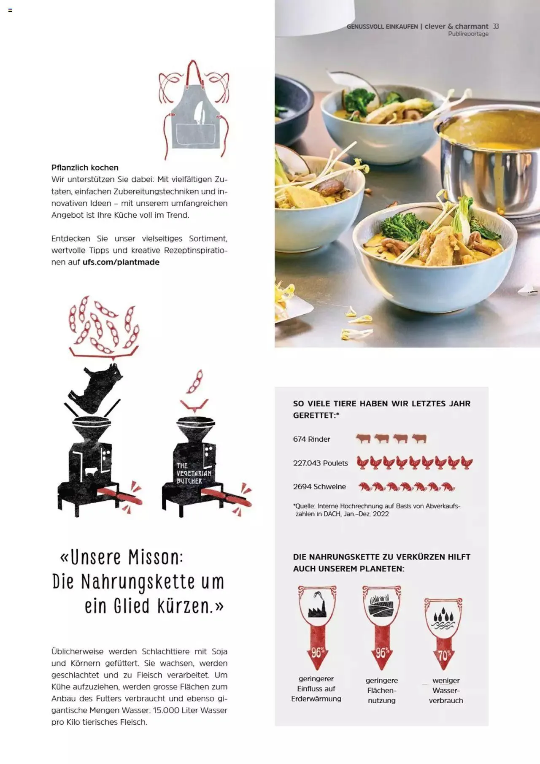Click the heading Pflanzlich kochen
85,167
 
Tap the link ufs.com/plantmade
121,262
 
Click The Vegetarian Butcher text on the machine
193,473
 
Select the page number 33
496,26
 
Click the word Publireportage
468,34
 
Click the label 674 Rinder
311,439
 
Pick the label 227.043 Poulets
320,463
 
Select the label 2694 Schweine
319,486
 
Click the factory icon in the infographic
317,606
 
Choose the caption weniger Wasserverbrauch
446,690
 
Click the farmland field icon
381,606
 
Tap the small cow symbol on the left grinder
90,471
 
